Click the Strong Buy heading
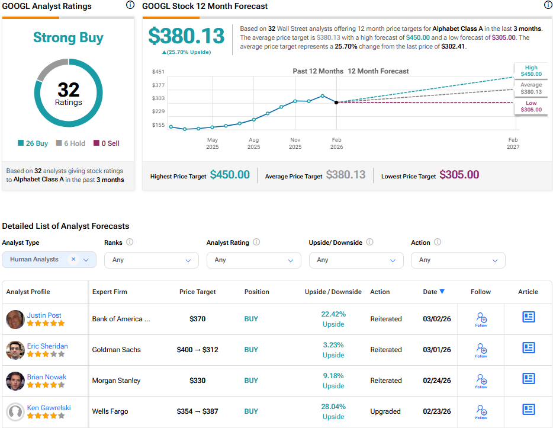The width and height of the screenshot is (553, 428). (x=68, y=38)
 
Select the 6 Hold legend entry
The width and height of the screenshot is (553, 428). (x=70, y=143)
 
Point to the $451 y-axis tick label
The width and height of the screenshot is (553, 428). (x=158, y=72)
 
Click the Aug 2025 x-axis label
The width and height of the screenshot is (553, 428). (x=253, y=143)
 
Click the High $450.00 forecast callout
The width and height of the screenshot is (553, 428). (x=531, y=71)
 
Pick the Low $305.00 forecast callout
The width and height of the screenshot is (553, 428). (x=531, y=106)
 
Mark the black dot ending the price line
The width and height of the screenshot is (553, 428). (x=336, y=103)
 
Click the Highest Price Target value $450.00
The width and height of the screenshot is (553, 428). (x=230, y=175)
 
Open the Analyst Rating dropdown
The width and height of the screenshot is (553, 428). (x=253, y=260)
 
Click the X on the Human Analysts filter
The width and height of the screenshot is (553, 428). (x=73, y=259)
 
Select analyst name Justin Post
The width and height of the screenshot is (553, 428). (x=44, y=315)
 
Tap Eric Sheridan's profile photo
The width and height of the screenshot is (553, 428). (x=15, y=350)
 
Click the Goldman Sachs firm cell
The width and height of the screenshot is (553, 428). (x=117, y=350)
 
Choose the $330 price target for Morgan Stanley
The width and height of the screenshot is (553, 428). (x=197, y=381)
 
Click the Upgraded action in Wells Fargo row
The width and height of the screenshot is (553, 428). (x=385, y=411)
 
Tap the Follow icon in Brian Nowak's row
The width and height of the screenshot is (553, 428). (x=481, y=381)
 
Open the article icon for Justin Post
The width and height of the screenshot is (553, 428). (x=528, y=317)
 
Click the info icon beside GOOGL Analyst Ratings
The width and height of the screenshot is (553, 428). (x=130, y=5)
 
